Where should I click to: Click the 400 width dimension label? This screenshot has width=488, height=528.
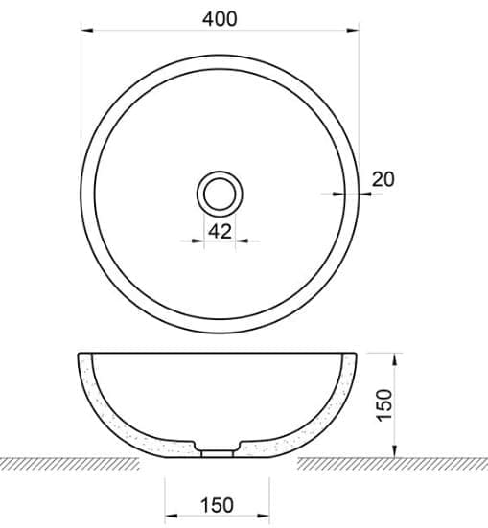pyautogui.click(x=221, y=18)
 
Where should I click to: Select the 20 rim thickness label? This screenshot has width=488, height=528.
pyautogui.click(x=383, y=178)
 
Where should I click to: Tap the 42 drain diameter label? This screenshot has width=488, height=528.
pyautogui.click(x=220, y=231)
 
